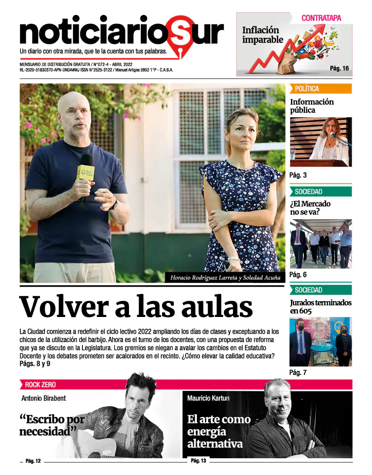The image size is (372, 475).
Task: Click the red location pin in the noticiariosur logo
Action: [180, 36]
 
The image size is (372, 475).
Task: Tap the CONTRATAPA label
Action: [321, 18]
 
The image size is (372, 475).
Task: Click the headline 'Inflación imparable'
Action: [262, 35]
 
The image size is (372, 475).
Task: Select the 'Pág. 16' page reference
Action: [339, 68]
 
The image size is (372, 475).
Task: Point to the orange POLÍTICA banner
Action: [320, 89]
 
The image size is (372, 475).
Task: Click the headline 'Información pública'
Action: [312, 106]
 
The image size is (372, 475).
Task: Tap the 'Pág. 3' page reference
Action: [298, 175]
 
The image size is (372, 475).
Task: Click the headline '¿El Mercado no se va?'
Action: [310, 207]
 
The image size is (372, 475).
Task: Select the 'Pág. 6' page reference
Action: [298, 275]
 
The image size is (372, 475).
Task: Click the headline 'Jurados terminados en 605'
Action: [320, 307]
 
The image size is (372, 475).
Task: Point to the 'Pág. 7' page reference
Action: [298, 373]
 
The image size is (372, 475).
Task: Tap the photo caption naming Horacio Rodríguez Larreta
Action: [225, 278]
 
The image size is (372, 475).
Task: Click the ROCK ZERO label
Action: [40, 385]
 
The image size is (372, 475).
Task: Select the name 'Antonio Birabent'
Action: [43, 398]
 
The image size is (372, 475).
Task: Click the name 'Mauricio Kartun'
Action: [208, 398]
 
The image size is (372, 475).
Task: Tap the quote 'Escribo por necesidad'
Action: [51, 425]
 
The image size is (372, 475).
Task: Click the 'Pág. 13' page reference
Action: [198, 461]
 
